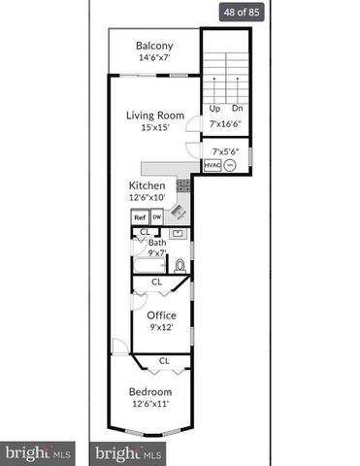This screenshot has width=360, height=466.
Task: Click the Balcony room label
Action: click(x=154, y=46)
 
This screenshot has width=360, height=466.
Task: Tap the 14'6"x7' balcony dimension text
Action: click(x=154, y=58)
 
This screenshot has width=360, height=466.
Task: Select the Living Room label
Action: click(x=154, y=116)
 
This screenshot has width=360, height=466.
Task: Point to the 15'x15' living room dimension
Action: click(x=154, y=128)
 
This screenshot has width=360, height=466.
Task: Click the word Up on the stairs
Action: click(x=214, y=108)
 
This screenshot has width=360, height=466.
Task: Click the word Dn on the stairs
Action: click(x=237, y=108)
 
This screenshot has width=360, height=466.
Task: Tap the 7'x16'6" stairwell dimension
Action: click(x=225, y=123)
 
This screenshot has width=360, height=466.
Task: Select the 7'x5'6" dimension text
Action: click(x=224, y=150)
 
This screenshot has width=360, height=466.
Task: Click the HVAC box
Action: click(x=212, y=166)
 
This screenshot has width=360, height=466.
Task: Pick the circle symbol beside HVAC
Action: click(x=230, y=166)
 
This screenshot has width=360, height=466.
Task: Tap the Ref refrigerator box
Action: click(x=140, y=217)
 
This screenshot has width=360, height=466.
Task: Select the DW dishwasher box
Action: click(x=156, y=217)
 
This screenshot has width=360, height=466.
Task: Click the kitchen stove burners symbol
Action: click(x=181, y=185)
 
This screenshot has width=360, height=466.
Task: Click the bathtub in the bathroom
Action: click(x=148, y=264)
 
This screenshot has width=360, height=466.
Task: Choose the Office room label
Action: click(x=160, y=316)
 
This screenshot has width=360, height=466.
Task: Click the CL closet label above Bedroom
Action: click(x=164, y=360)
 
